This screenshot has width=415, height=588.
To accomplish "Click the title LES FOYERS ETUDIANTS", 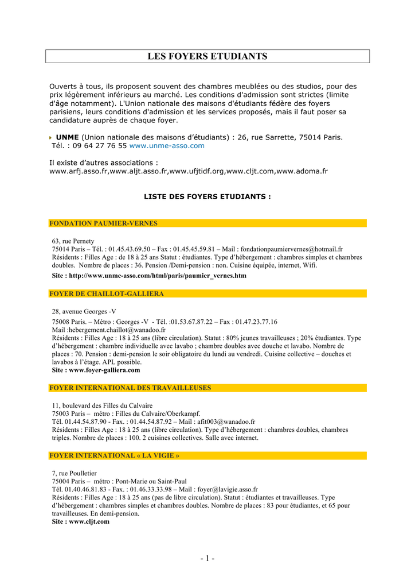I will pos(207,56).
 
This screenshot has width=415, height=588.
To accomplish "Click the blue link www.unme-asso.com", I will pos(167,146).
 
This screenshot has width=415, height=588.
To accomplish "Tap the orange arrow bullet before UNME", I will pos(51,137).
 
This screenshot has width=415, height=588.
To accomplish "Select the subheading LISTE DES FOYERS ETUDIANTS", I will pos(207,196).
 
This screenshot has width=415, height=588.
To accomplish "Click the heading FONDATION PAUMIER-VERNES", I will pos(103,223).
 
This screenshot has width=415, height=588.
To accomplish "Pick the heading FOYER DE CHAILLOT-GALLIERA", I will pos(107,293).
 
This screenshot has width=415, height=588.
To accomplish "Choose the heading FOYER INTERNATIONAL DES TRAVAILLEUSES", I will pos(130,388).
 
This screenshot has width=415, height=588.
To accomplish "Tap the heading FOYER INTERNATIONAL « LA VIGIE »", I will pos(114,455).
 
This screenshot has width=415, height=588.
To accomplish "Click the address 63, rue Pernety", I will pos(73,241).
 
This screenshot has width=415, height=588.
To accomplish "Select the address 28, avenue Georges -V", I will pos(84,311).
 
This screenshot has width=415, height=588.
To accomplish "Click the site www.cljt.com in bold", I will pos(89,522).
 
